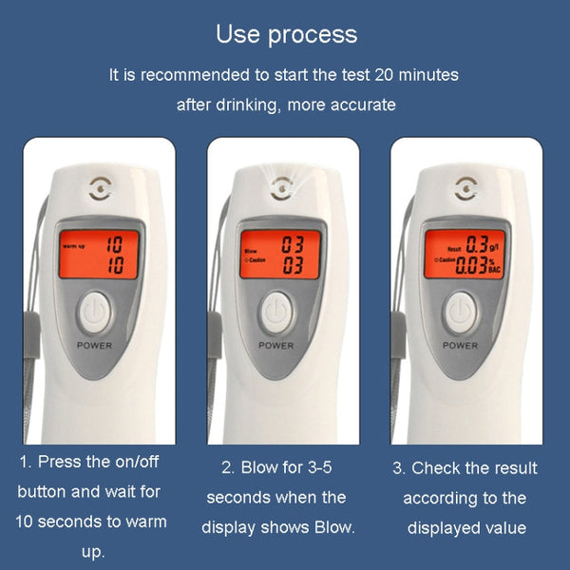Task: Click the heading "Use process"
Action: [x=286, y=35]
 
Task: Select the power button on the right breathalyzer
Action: [x=461, y=311]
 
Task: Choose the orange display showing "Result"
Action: [x=462, y=255]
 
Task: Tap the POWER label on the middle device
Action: [x=276, y=346]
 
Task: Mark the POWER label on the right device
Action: [x=461, y=346]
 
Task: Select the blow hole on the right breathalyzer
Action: [x=464, y=188]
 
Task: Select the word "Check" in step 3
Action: [x=440, y=468]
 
